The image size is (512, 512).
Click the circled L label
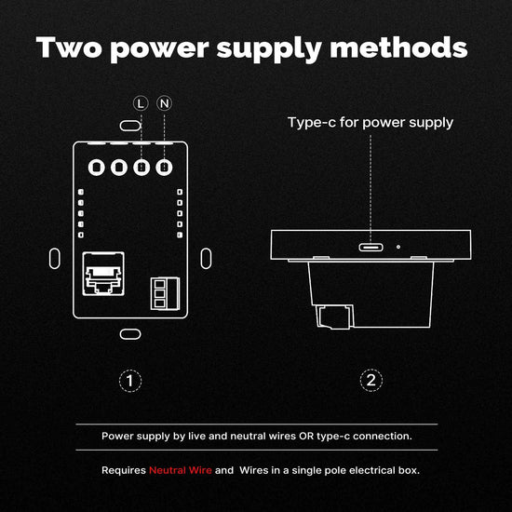(x=141, y=103)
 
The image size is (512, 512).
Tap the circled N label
(x=164, y=103)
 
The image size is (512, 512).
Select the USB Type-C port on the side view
(x=371, y=248)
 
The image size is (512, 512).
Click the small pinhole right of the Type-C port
(x=398, y=247)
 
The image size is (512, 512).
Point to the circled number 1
(x=130, y=381)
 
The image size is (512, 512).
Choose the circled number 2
(x=371, y=381)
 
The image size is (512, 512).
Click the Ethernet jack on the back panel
(x=103, y=274)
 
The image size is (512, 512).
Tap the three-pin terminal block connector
(x=165, y=293)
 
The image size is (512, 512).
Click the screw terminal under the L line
(x=141, y=168)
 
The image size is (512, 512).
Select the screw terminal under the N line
(x=164, y=168)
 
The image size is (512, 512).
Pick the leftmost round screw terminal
(x=96, y=168)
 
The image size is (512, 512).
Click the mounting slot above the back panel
(x=130, y=126)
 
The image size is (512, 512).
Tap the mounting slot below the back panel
(x=130, y=334)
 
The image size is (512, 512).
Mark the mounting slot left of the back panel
(x=55, y=259)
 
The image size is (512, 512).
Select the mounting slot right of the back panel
(x=206, y=259)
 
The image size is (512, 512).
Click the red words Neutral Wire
(x=181, y=470)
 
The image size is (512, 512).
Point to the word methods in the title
(x=398, y=47)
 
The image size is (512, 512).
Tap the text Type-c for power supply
(x=371, y=123)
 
